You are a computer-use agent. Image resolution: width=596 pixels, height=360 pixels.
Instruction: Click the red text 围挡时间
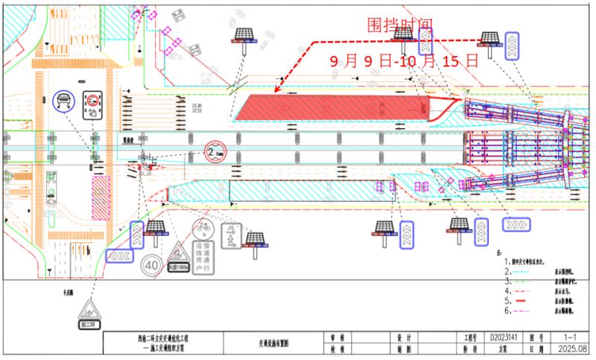(399, 26)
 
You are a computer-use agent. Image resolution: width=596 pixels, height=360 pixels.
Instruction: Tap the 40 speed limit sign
(152, 264)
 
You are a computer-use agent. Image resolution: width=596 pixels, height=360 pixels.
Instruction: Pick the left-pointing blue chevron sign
(119, 256)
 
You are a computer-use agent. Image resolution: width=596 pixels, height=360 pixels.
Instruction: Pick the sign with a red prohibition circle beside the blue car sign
(93, 104)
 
